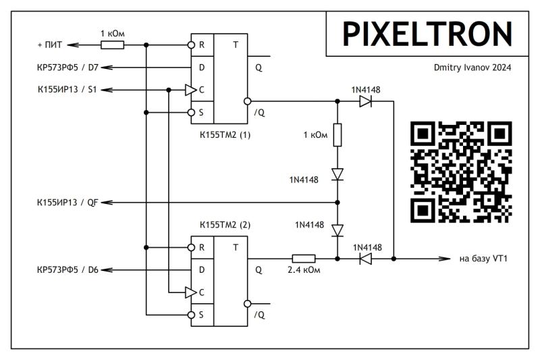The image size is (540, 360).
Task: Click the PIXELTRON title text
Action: point(427,33)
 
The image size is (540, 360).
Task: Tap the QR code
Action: point(461,172)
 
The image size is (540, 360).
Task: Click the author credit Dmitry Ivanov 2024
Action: point(473,68)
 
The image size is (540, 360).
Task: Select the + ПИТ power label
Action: point(50,45)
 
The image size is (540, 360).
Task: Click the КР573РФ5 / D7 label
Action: point(67,68)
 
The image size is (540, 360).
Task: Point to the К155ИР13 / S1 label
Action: point(67,90)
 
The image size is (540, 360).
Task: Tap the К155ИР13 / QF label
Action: point(67,202)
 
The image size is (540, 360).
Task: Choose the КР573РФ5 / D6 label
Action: point(67,269)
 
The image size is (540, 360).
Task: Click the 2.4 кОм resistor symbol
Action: point(303,258)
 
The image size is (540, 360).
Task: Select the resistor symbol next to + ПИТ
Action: point(112,45)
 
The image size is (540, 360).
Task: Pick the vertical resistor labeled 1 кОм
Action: point(337,134)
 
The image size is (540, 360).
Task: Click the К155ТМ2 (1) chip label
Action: point(225,134)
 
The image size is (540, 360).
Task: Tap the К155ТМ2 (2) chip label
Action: point(225,224)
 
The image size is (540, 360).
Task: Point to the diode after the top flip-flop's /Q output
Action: point(365,101)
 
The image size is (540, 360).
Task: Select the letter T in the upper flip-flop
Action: point(235,45)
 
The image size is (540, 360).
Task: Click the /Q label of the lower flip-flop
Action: point(260,315)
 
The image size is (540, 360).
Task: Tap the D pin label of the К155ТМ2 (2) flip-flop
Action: point(200,269)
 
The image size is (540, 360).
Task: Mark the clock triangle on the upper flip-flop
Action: point(190,90)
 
